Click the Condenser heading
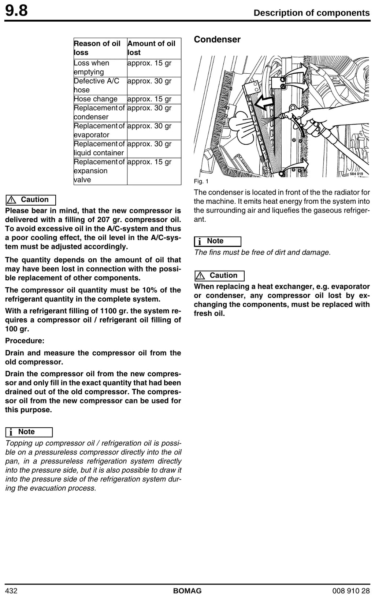pyautogui.click(x=217, y=40)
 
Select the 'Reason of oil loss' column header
pyautogui.click(x=97, y=48)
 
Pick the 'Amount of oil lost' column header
pyautogui.click(x=151, y=48)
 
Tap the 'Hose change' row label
pyautogui.click(x=96, y=99)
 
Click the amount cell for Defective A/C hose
pyautogui.click(x=149, y=81)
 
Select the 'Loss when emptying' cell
pyautogui.click(x=92, y=67)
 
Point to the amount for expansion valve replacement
pyautogui.click(x=149, y=162)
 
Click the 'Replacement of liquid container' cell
pyautogui.click(x=99, y=148)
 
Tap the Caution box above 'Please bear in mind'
pyautogui.click(x=31, y=200)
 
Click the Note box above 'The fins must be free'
pyautogui.click(x=218, y=241)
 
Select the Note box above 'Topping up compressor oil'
pyautogui.click(x=29, y=432)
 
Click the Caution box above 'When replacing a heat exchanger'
pyautogui.click(x=219, y=276)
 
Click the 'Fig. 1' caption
pyautogui.click(x=201, y=181)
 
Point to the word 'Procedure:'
pyautogui.click(x=25, y=341)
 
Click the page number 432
pyautogui.click(x=11, y=591)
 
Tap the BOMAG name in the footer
pyautogui.click(x=187, y=591)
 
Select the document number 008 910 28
pyautogui.click(x=351, y=591)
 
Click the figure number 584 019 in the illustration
pyautogui.click(x=356, y=174)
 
